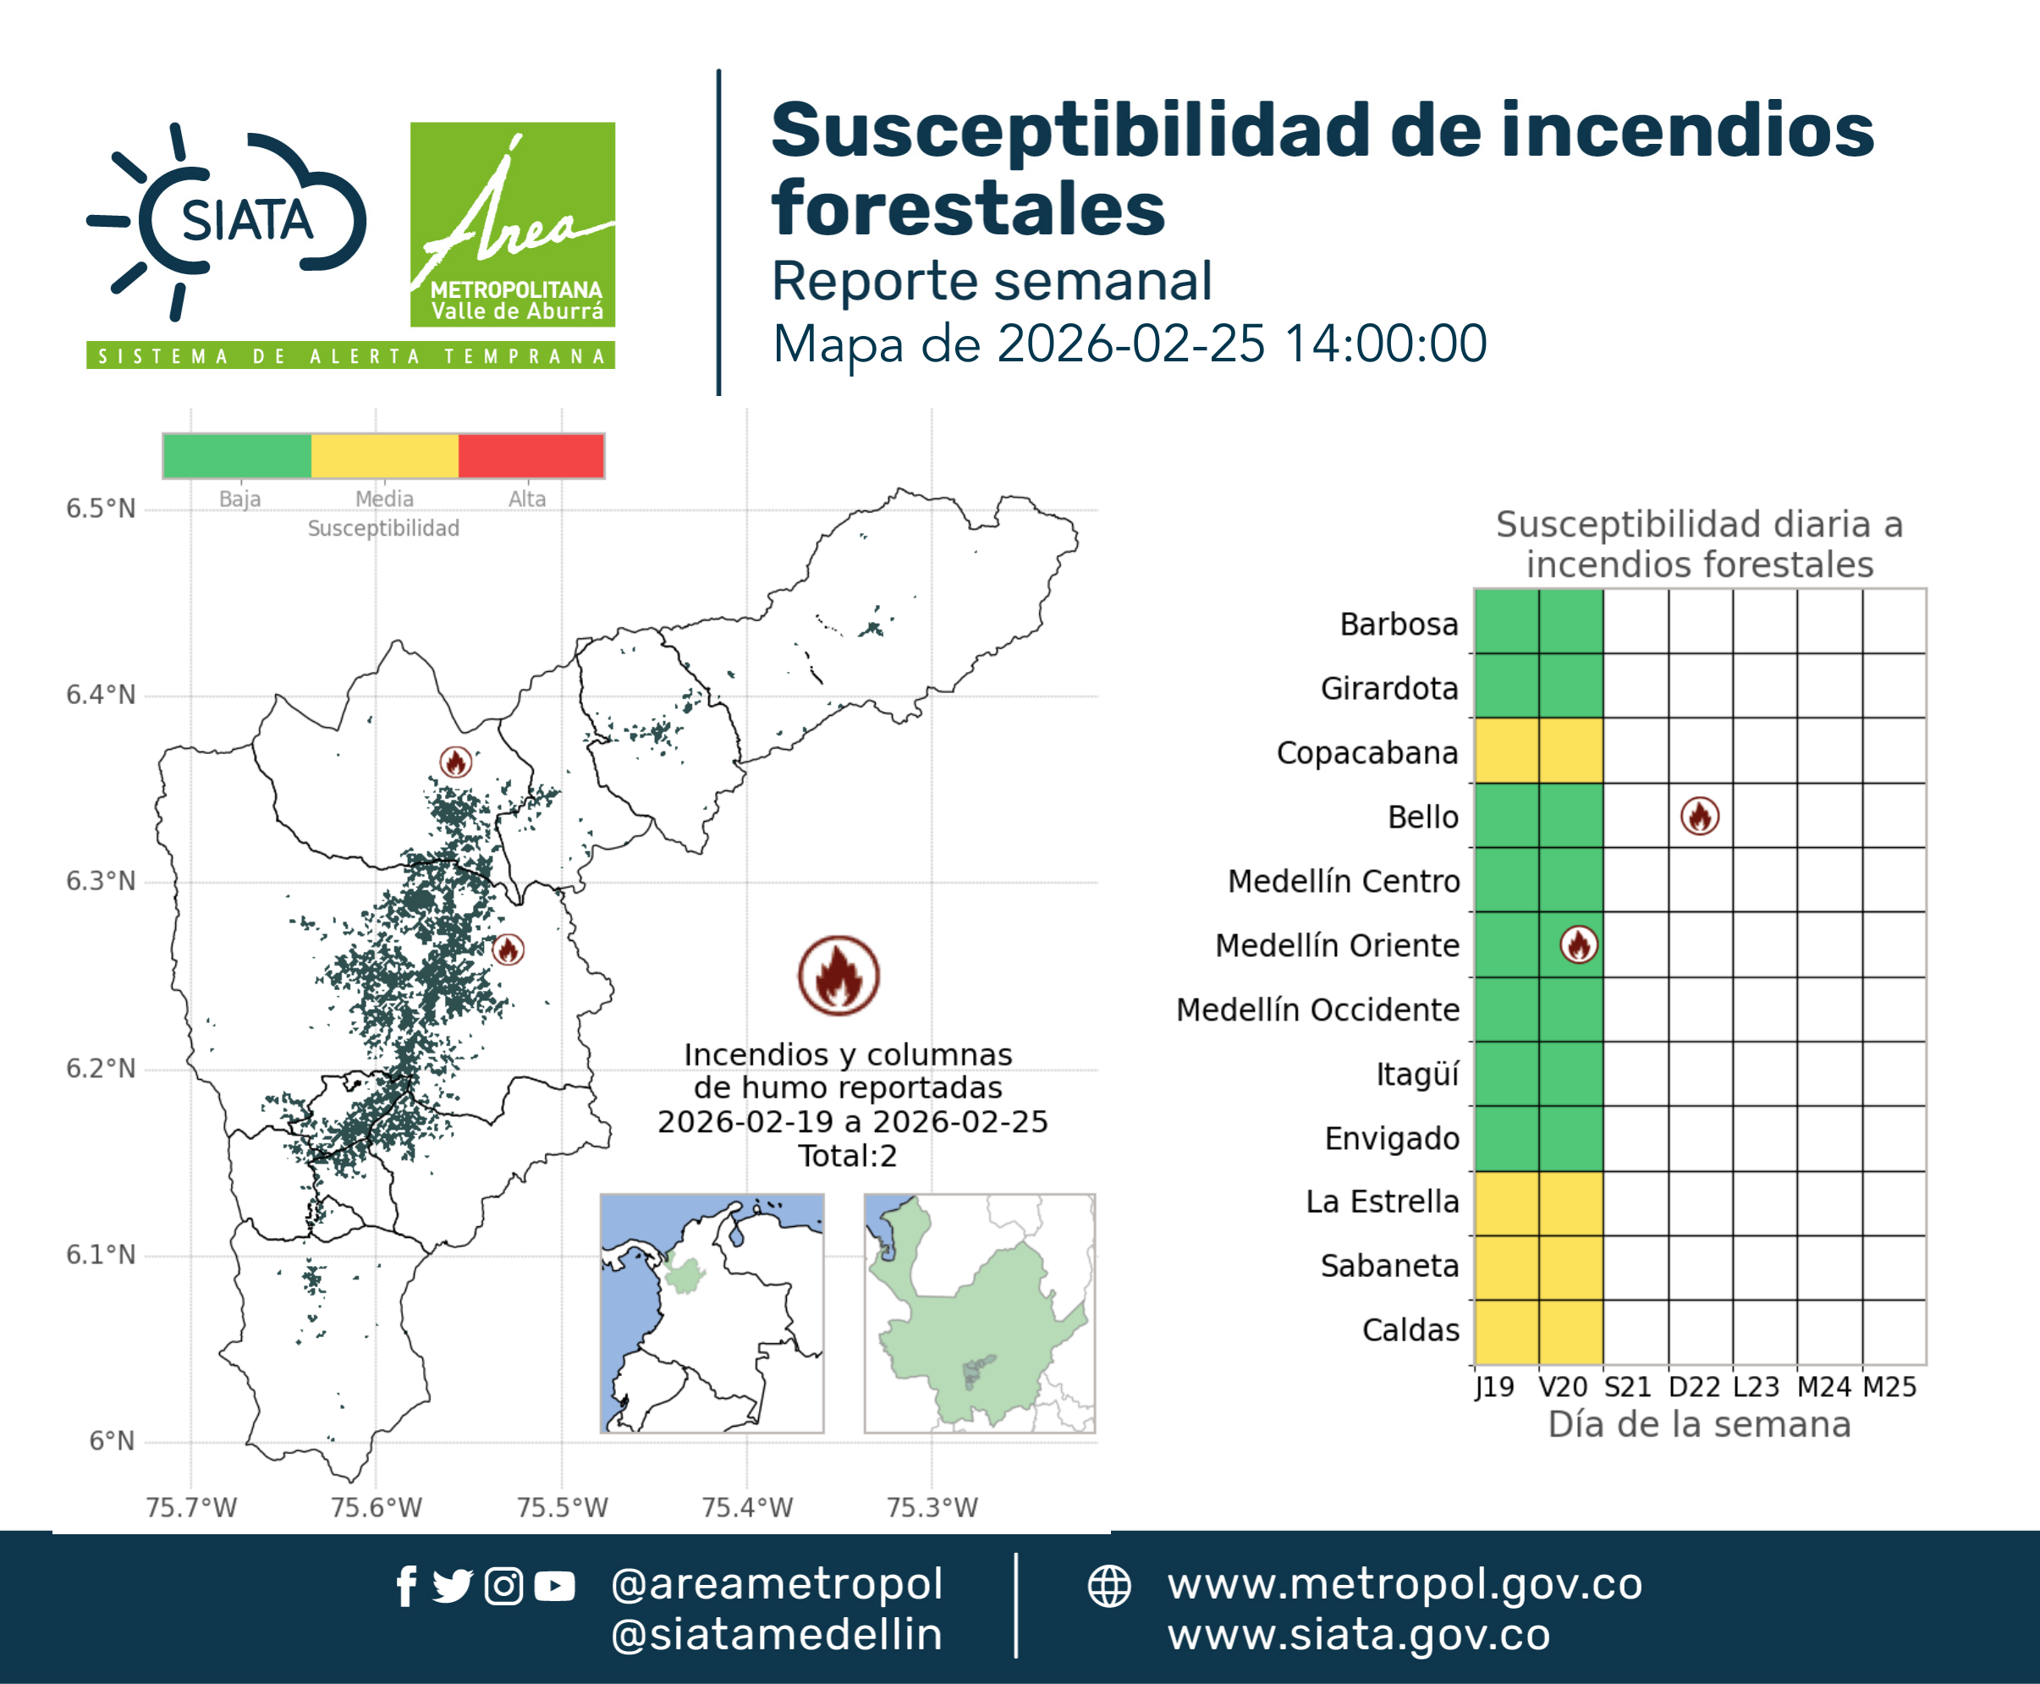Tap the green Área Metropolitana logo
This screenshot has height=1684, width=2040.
512,224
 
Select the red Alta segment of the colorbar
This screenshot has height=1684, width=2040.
531,456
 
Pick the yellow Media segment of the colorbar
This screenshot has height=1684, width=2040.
384,456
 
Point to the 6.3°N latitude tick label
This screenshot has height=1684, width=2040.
101,881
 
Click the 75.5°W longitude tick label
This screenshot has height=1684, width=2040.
562,1507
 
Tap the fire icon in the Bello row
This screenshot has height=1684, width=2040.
1700,816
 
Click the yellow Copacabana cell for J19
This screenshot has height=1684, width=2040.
1506,751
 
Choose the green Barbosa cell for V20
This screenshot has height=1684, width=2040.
1570,622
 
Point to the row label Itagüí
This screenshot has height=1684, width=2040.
1417,1075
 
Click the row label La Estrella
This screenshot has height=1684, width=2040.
1383,1202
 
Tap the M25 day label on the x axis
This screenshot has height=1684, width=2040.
1889,1387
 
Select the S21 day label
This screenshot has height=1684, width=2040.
1628,1387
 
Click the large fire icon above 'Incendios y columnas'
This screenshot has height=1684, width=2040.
839,975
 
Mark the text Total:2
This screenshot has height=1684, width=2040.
848,1156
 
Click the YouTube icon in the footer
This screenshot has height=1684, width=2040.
554,1587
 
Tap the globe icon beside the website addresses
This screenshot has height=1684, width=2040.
1108,1587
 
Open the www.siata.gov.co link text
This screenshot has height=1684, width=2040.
1359,1636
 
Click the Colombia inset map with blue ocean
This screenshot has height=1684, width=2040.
712,1313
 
